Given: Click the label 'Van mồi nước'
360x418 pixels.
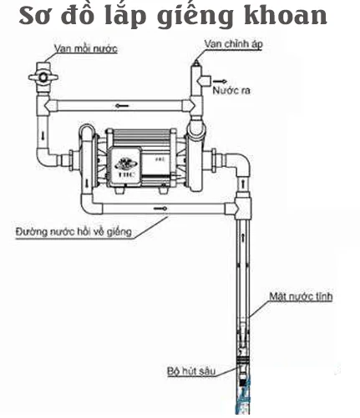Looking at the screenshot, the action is coord(86,48).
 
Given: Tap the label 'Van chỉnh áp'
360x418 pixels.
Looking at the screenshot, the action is coord(233,44).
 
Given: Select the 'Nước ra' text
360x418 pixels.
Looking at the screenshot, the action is coord(231,90).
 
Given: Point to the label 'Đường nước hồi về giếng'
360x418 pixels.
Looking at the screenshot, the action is coord(74,231).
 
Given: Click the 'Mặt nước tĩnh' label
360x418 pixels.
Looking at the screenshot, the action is coord(301,296).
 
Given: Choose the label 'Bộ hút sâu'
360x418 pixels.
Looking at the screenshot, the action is coord(191,370).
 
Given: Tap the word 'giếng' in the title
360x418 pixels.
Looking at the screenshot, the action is coord(195,18).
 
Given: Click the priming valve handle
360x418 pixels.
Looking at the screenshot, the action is coord(43,77).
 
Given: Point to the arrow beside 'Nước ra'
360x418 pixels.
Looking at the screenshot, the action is coord(220,81).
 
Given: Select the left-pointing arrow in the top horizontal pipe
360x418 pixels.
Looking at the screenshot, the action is coord(122,106).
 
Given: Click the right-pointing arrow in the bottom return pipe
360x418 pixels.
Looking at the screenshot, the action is coord(160,209).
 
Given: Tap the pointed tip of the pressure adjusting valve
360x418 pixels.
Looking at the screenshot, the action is coord(197,59).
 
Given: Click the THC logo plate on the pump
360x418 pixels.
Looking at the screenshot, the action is coord(125,166).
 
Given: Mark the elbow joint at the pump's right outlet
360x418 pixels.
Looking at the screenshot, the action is coord(241,164).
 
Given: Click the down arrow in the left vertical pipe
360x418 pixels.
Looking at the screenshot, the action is coord(43,136).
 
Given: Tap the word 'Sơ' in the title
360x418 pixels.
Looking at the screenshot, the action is coord(37,16).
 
